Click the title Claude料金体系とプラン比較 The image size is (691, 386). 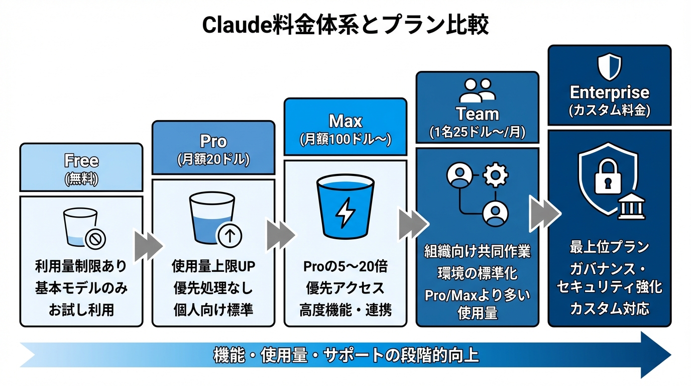[x=345, y=25]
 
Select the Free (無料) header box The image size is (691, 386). [x=81, y=167]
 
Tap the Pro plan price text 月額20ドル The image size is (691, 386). [x=213, y=160]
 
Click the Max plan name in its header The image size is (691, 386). [x=345, y=121]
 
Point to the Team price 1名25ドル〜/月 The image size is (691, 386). [x=477, y=133]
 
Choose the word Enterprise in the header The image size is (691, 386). [x=609, y=92]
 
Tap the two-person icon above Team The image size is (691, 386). [x=477, y=91]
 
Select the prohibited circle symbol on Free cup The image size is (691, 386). [x=94, y=240]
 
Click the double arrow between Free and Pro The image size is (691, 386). [x=148, y=245]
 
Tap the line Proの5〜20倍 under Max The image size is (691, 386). [x=345, y=266]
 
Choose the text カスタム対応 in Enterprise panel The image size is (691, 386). [x=609, y=308]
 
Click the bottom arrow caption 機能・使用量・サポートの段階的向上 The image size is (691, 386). [x=345, y=355]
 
